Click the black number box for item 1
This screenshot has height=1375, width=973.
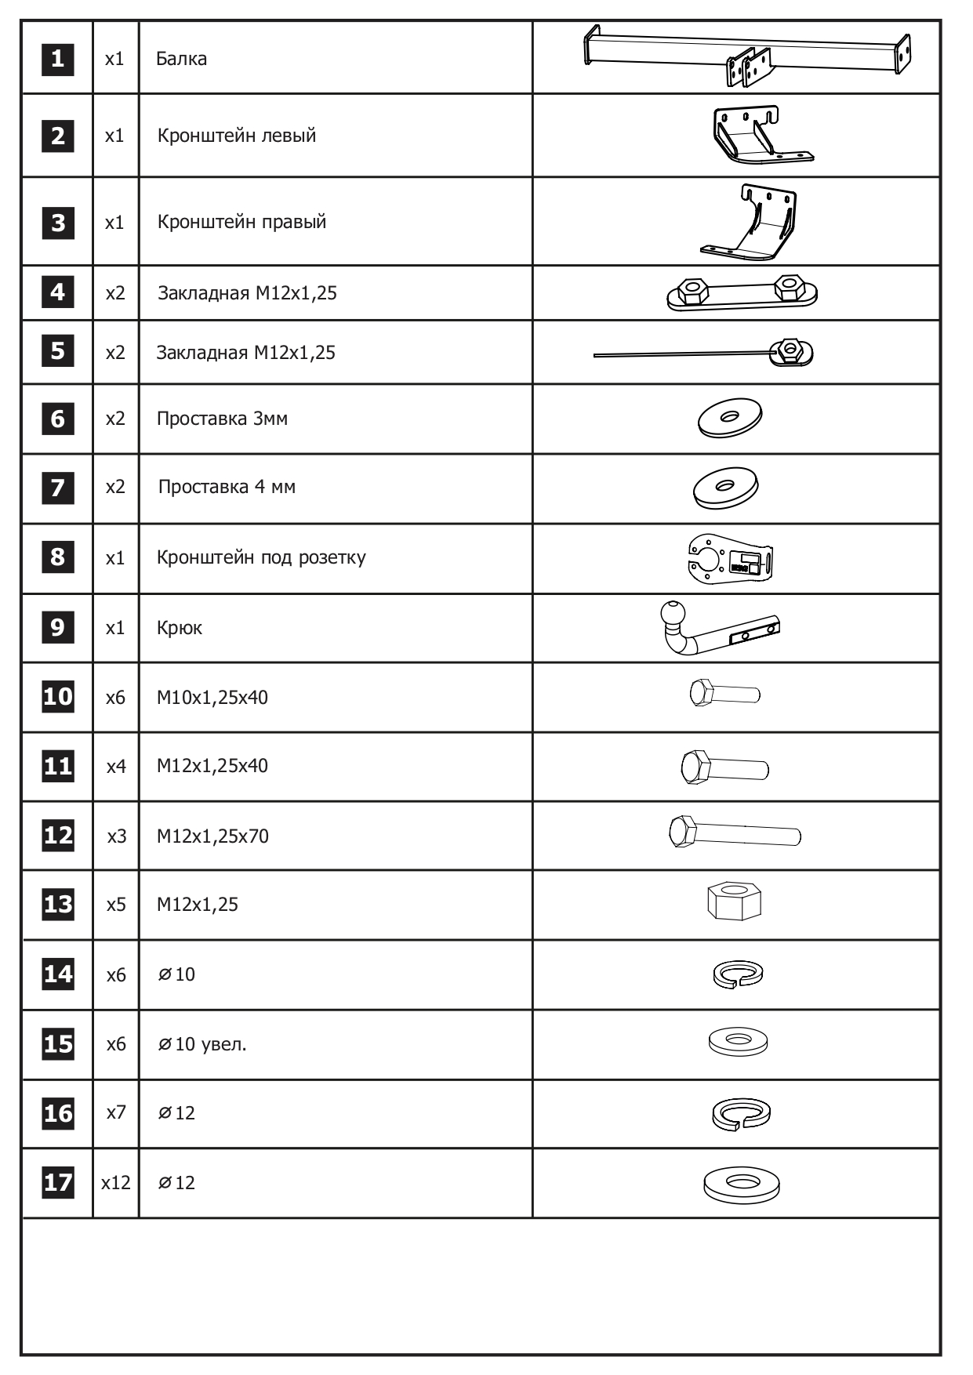[57, 59]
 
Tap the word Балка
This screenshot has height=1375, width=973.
[181, 59]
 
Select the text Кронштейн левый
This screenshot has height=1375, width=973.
[236, 136]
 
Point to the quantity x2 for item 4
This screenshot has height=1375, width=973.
[115, 293]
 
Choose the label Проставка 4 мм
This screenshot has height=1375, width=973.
[227, 487]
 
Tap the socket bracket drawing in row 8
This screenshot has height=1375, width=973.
[730, 559]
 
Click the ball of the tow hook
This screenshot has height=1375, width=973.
[673, 613]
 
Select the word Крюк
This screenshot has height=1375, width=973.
[179, 628]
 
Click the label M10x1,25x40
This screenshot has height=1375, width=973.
[212, 697]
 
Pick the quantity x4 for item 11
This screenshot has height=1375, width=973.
[116, 766]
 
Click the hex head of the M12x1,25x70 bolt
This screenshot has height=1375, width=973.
[682, 831]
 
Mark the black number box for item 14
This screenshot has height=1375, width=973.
[58, 974]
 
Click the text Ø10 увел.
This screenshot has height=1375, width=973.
[202, 1044]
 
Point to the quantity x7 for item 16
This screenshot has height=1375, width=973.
[116, 1112]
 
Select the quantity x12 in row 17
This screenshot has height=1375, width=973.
[116, 1182]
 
